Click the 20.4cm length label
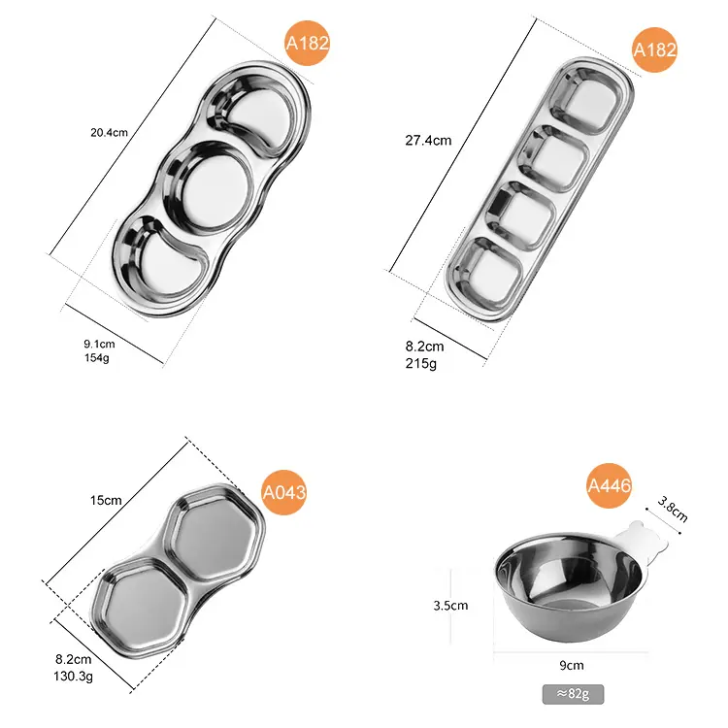tap(109, 133)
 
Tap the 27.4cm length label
tap(428, 140)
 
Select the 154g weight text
tap(96, 357)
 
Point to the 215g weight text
tap(420, 363)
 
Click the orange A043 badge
tap(284, 492)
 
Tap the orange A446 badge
tap(610, 485)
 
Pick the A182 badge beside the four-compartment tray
tap(654, 50)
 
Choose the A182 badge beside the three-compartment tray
tap(308, 43)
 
